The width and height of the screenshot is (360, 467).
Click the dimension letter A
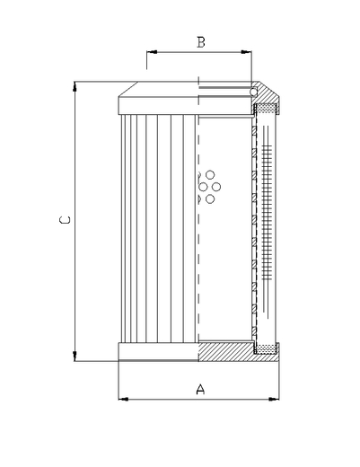200,390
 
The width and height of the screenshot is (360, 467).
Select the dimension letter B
201,42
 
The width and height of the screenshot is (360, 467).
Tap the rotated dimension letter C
65,220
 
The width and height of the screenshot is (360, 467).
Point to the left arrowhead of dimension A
124,399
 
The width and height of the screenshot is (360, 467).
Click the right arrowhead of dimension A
274,399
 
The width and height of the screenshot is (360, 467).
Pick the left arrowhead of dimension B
152,52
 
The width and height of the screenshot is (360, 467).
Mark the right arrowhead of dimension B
246,52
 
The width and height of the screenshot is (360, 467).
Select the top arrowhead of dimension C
75,86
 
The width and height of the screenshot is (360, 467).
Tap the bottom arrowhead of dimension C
75,356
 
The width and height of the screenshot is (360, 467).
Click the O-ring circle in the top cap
254,92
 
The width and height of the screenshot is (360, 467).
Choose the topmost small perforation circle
210,174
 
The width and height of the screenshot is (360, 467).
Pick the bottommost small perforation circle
210,198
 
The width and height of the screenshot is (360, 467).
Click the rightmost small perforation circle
216,187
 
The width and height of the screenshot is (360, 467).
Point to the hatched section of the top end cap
267,95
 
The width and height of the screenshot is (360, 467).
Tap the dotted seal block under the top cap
266,109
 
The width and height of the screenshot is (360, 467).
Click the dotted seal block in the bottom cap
266,349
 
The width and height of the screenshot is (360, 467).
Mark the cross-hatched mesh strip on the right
267,213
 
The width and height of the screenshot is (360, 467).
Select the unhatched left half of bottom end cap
159,352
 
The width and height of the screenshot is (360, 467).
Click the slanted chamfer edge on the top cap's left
128,89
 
